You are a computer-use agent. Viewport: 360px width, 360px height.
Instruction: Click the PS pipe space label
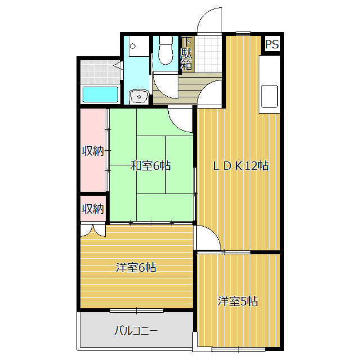point(272,44)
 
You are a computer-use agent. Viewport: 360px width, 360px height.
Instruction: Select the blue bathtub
point(100,94)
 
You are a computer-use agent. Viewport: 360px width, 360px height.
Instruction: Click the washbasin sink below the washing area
point(139,96)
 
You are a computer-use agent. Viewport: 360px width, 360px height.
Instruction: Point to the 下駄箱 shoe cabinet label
point(186,54)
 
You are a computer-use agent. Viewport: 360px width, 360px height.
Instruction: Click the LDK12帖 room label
point(240,166)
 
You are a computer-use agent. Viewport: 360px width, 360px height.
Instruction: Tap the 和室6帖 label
point(151,166)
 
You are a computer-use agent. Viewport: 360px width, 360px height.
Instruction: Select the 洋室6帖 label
point(136,268)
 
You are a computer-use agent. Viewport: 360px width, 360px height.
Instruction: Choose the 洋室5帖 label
point(238,301)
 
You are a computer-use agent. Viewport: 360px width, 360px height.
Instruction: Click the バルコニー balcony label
point(136,331)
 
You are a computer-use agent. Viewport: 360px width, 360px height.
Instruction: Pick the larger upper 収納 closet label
point(93,151)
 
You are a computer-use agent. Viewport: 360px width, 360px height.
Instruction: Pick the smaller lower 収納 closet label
point(93,209)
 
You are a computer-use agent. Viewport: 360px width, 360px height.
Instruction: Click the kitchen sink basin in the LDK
point(269,96)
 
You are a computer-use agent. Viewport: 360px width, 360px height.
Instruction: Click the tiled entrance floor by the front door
point(209,54)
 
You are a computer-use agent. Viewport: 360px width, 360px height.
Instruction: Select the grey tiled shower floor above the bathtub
point(100,72)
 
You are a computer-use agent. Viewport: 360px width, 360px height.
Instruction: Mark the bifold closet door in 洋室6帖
point(93,231)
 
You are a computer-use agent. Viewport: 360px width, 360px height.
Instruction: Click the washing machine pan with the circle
point(139,46)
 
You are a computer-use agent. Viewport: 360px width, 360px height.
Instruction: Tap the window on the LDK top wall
point(244,34)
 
